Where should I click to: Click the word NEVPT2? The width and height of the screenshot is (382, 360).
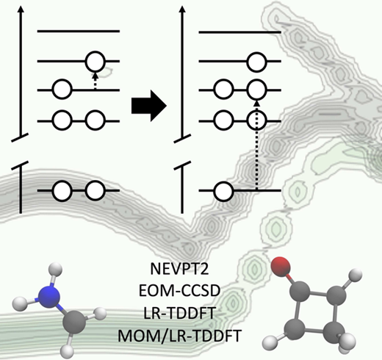coord(179,269)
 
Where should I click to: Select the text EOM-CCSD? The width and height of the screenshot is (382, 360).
coord(179,291)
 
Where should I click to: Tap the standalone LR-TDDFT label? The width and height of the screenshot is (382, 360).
coord(179,313)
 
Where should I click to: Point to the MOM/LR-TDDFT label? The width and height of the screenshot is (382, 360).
coord(179,336)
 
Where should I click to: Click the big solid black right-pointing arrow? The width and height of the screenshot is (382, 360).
coord(149,106)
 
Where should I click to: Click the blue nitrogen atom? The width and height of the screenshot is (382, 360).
coord(50,297)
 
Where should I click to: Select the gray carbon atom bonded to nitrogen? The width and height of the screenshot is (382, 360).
coord(74,323)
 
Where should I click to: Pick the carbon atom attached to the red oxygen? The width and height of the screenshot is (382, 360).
coord(300,292)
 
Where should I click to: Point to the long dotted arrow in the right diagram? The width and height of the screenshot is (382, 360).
coord(256,145)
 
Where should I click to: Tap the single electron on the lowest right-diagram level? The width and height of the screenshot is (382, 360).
coord(223,192)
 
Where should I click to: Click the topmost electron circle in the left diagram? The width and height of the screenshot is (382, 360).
coord(95,62)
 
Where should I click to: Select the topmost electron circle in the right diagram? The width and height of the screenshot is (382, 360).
coord(256,62)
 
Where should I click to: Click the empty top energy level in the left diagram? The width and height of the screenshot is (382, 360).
coord(79,32)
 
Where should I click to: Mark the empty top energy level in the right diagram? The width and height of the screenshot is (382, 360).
coord(239,32)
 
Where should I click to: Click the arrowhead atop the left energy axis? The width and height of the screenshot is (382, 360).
coord(21,9)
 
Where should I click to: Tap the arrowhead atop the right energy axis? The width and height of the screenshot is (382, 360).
coord(182,9)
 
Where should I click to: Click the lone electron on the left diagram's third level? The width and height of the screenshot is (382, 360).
coord(62,89)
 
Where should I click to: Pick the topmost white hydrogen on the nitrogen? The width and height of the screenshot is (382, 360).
coord(56,270)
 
